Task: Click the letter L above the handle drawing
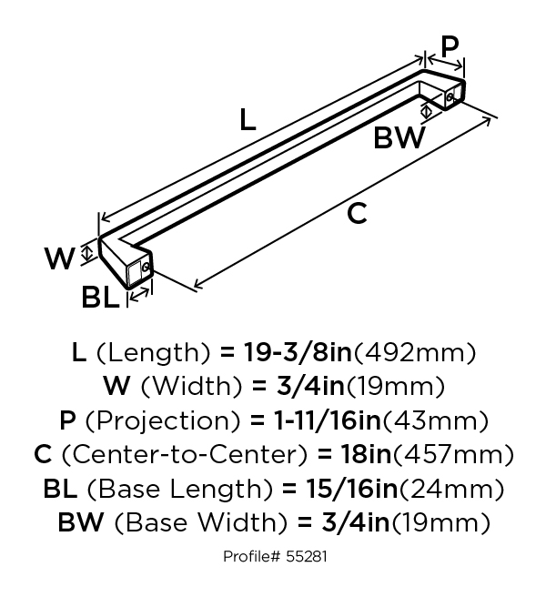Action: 248,119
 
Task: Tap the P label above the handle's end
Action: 450,46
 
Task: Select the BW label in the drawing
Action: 399,137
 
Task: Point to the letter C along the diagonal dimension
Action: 357,213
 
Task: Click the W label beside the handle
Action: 59,258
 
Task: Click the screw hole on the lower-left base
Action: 145,268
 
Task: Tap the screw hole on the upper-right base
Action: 450,97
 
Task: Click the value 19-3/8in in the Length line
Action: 298,352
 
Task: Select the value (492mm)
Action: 415,353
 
